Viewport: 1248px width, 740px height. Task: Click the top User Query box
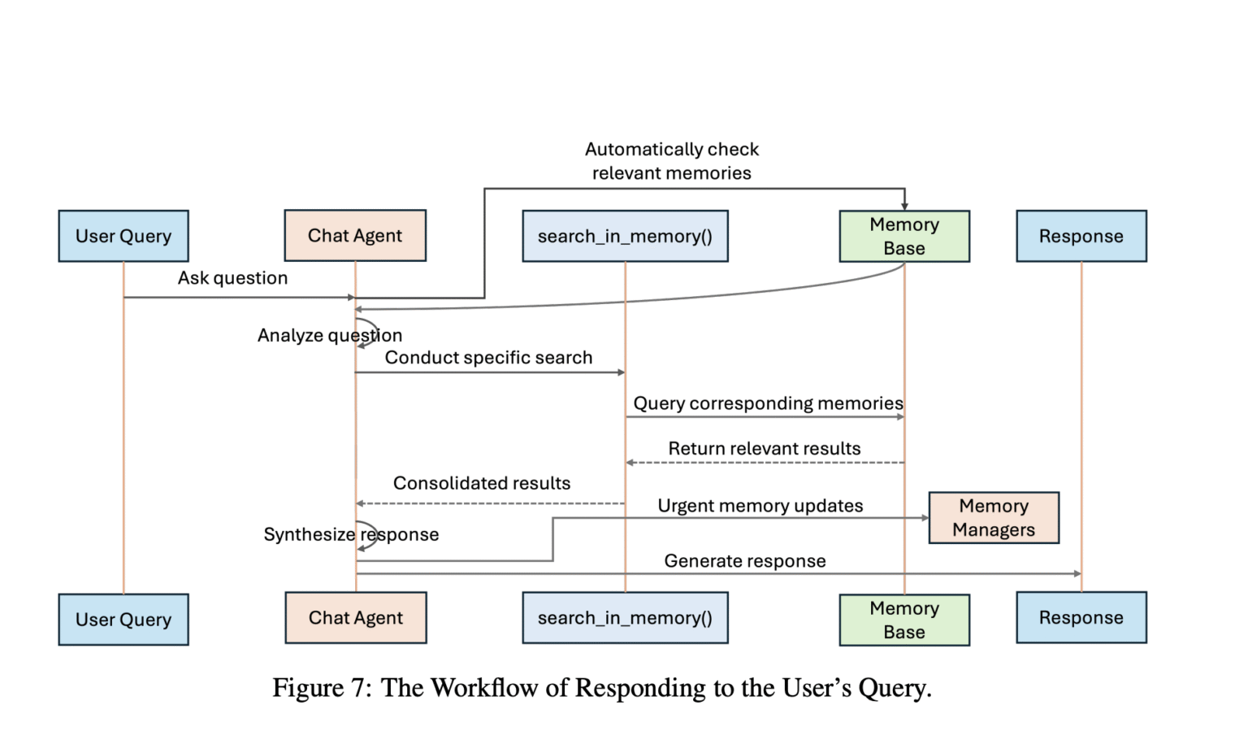click(123, 236)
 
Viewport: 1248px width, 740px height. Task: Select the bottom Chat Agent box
click(355, 618)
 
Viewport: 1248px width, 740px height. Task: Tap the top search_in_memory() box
click(625, 236)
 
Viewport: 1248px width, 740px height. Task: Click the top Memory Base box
click(904, 236)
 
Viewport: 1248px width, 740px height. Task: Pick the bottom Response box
click(1081, 618)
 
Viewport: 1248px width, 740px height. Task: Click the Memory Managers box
click(994, 517)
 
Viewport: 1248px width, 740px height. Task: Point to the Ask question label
click(232, 278)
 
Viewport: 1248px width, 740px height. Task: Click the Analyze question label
click(329, 335)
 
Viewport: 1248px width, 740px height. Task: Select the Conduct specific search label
click(488, 358)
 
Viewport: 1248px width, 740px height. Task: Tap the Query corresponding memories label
click(768, 403)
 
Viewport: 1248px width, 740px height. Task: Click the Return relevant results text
click(764, 449)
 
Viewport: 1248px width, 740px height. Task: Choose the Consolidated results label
click(482, 483)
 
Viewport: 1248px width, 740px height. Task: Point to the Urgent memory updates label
click(760, 506)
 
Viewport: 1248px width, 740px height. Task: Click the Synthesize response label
click(351, 534)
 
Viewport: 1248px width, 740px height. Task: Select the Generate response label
click(744, 561)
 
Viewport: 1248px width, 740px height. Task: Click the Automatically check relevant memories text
click(671, 161)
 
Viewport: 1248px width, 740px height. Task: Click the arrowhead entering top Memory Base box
click(904, 207)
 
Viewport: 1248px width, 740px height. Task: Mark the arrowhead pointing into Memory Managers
click(925, 518)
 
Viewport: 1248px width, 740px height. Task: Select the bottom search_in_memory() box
click(625, 618)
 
